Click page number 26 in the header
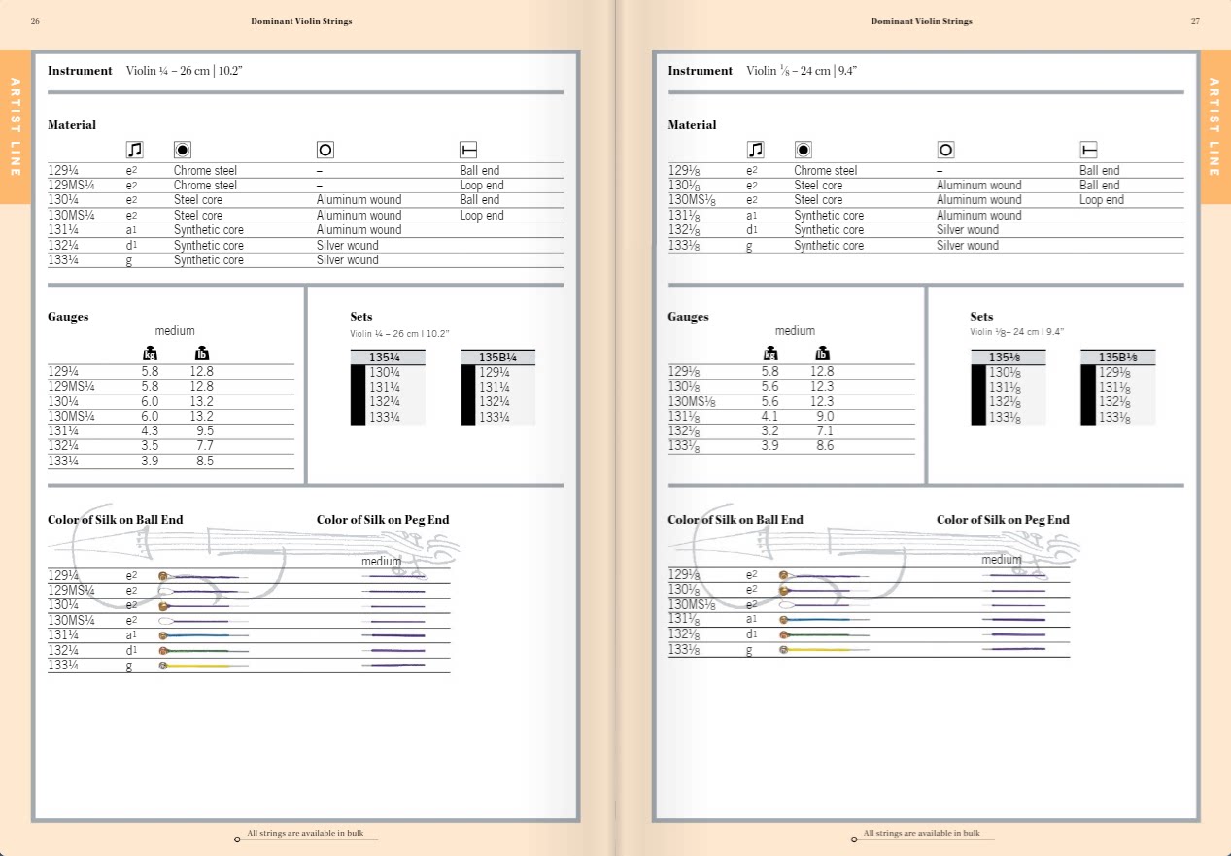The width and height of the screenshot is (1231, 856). tap(35, 21)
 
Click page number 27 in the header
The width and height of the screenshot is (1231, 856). tap(1195, 21)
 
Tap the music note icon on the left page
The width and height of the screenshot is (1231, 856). tap(135, 150)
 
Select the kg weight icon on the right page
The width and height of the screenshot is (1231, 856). tap(770, 353)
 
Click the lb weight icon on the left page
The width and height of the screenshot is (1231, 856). tap(202, 353)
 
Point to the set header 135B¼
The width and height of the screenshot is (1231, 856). tap(497, 358)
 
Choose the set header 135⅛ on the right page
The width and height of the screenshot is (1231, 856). tap(1004, 358)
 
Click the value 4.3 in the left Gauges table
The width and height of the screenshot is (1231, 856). tap(150, 430)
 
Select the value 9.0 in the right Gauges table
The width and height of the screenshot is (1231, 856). tap(825, 416)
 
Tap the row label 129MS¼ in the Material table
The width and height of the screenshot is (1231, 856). tap(72, 186)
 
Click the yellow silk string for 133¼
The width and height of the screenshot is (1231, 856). tap(198, 666)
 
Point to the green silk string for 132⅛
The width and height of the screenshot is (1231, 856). tap(819, 635)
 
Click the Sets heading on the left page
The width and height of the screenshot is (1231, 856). tap(361, 317)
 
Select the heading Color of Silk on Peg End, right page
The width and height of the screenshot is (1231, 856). tap(1003, 519)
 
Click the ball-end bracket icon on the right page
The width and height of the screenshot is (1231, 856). tap(1088, 150)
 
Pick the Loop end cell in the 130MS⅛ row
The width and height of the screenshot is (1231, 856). tap(1102, 200)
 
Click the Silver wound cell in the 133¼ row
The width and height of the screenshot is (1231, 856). tap(347, 259)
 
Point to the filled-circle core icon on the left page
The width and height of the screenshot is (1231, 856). tap(183, 150)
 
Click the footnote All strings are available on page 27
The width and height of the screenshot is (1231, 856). tap(922, 833)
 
